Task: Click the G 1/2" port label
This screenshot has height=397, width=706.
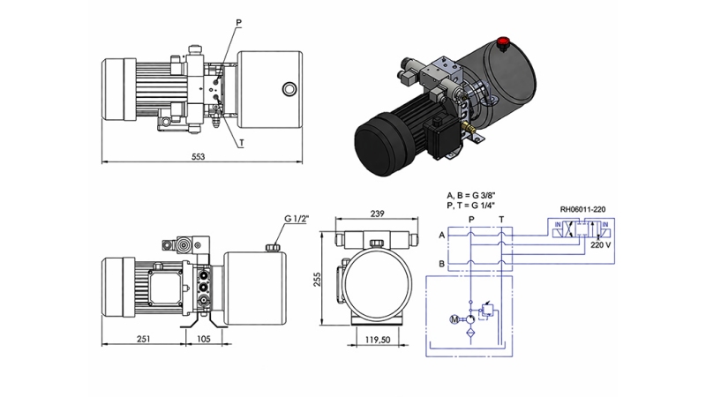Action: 297,219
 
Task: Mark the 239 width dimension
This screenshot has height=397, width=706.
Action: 377,214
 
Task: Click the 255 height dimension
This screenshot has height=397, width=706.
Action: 319,278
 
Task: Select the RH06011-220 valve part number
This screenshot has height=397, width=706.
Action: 582,210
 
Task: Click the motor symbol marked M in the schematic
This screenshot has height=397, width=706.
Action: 455,318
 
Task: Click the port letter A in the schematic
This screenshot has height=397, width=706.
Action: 440,235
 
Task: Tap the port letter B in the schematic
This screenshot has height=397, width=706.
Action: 440,264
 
